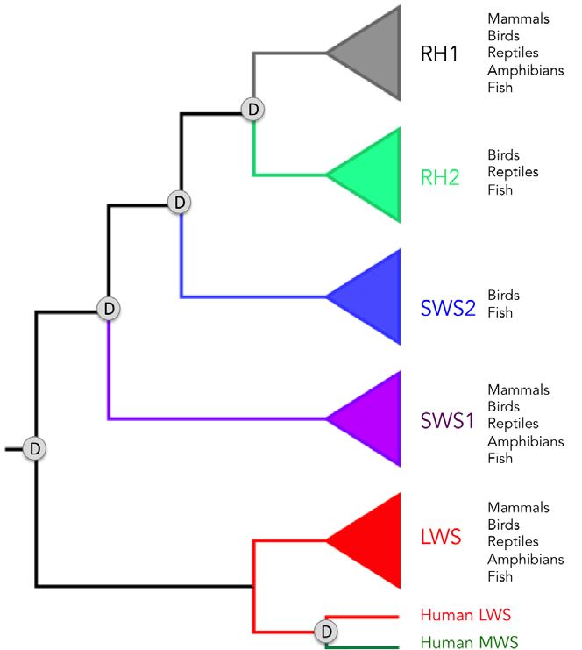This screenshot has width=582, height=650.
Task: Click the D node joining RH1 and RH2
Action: [253, 110]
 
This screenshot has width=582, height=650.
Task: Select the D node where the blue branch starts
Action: [180, 203]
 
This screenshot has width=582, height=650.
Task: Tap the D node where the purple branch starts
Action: [107, 308]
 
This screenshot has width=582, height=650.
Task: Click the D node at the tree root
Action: [35, 448]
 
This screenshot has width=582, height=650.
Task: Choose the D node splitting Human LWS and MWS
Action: [325, 631]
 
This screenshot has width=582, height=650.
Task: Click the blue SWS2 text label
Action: [448, 307]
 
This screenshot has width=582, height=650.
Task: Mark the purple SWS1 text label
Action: [448, 421]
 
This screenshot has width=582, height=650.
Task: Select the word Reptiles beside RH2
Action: [513, 172]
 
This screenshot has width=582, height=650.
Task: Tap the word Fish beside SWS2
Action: [500, 312]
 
